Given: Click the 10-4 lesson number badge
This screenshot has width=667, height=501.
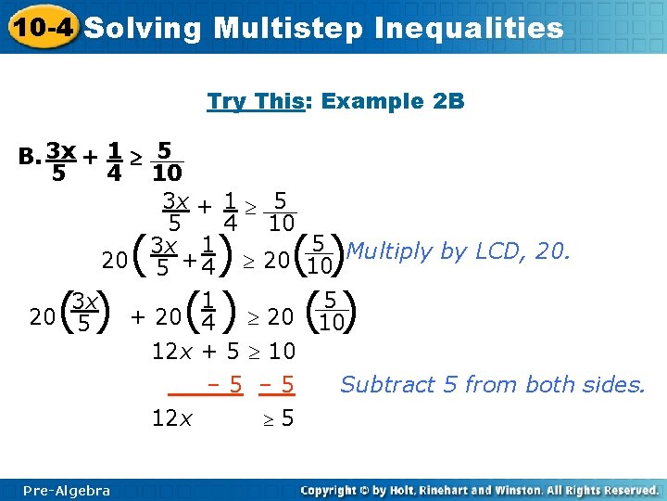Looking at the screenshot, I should [39, 27].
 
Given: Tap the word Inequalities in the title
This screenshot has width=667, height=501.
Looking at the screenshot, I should [470, 28].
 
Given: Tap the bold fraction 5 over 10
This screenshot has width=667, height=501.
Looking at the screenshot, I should [167, 161].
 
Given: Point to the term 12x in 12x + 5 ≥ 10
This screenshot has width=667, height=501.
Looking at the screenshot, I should [172, 352].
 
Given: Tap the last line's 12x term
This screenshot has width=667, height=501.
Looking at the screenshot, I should [172, 417].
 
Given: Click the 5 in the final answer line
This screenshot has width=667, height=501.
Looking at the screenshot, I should [287, 417].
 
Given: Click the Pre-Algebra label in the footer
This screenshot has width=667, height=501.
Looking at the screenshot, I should [67, 490].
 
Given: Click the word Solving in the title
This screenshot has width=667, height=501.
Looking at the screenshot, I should [143, 28].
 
